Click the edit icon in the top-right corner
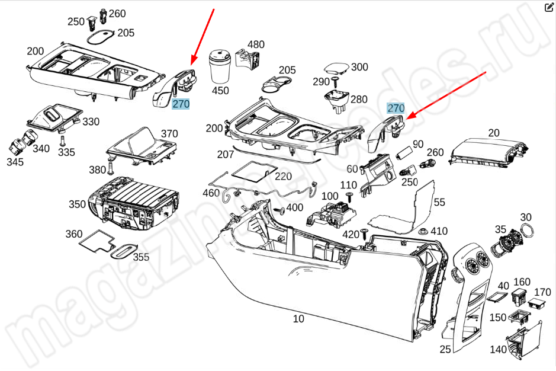pos(548,7)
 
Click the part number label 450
pos(220,91)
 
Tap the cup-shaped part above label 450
pos(220,67)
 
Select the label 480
pos(256,44)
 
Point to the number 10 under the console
pos(298,319)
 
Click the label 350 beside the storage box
pos(77,204)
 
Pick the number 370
pos(169,133)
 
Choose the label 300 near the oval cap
pos(359,67)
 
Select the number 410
pos(439,231)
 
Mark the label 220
pos(283,176)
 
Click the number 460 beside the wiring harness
pos(211,193)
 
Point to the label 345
pos(15,161)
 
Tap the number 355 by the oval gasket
pos(141,257)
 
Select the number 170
pos(542,292)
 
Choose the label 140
pos(498,349)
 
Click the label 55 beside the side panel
pos(439,202)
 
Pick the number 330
pos(91,121)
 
